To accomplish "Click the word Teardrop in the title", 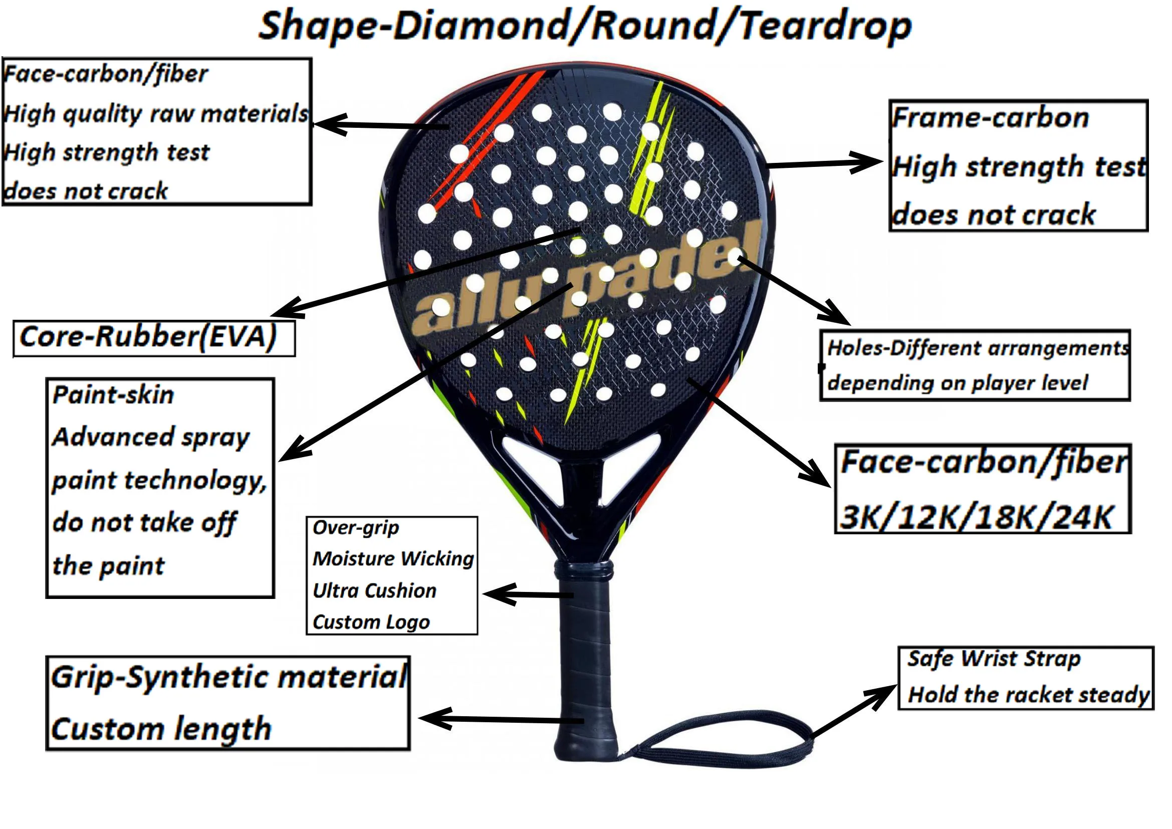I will tap(824, 27).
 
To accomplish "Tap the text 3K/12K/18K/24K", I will tap(975, 517).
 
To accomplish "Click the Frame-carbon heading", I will tap(990, 118).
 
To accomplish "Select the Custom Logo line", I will tap(371, 621).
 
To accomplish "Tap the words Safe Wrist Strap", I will tap(994, 659).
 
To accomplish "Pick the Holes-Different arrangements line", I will tap(978, 348).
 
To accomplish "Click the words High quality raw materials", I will tap(156, 113).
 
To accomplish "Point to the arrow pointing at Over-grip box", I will tap(526, 594).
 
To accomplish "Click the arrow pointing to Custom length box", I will tap(500, 720).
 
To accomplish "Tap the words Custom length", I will tap(161, 729).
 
